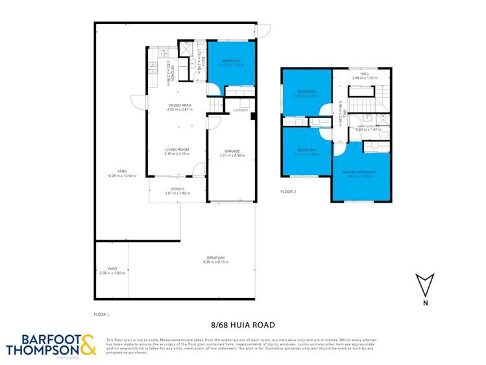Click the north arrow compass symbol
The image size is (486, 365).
(424, 286)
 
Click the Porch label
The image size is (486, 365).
(177, 190)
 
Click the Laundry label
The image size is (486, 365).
(241, 110)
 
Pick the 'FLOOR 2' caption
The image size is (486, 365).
(288, 192)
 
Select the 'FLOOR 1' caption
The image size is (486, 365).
(102, 314)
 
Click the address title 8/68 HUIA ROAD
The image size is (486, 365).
(243, 325)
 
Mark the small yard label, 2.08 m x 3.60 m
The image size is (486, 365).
(112, 270)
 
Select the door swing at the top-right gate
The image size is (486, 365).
(264, 31)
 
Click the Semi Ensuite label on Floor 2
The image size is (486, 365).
(369, 127)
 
